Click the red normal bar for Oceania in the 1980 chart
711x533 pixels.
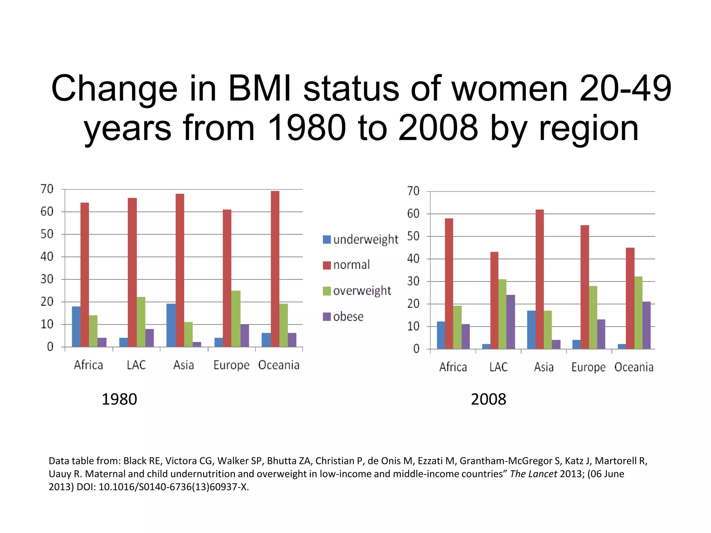coord(275,269)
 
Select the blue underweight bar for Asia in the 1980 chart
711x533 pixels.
coord(171,325)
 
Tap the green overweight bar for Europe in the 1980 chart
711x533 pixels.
coord(236,319)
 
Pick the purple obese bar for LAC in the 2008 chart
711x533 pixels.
coord(510,322)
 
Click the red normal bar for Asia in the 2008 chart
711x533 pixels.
coord(539,279)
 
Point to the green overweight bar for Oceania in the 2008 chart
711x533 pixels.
coord(638,312)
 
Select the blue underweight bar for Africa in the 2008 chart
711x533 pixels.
coord(441,335)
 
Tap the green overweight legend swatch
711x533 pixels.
coord(327,291)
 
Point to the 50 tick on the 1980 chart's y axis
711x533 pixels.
coord(47,234)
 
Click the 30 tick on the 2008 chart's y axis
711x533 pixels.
coord(413,281)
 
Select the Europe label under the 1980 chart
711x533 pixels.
coord(231,365)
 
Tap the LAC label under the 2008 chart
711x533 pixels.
coord(498,367)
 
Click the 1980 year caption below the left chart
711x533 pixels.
coord(119,399)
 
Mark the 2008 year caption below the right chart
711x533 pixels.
coord(488,399)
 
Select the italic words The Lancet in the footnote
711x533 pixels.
coord(533,474)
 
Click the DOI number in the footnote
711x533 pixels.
coord(174,487)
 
